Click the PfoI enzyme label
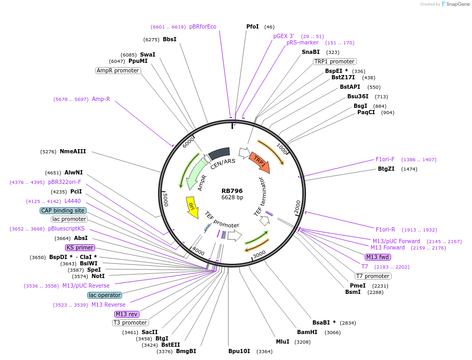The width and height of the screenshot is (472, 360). pyautogui.click(x=253, y=26)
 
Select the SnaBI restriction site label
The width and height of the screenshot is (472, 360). pyautogui.click(x=311, y=52)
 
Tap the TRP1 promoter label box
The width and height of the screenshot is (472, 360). pyautogui.click(x=335, y=61)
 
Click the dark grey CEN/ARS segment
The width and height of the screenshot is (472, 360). pyautogui.click(x=219, y=154)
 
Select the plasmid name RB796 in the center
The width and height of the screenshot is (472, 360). pyautogui.click(x=232, y=191)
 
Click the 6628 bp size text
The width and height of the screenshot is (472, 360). pyautogui.click(x=232, y=198)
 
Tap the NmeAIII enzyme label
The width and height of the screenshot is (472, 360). pyautogui.click(x=72, y=151)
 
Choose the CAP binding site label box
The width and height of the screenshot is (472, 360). pyautogui.click(x=63, y=210)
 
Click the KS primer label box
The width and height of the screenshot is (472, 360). pyautogui.click(x=80, y=247)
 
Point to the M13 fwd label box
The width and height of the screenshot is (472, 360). pyautogui.click(x=378, y=257)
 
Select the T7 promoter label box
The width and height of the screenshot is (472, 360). pyautogui.click(x=373, y=276)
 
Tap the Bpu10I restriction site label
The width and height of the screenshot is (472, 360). pyautogui.click(x=239, y=351)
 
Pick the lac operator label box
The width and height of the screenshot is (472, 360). pyautogui.click(x=105, y=295)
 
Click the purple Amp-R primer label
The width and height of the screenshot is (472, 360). pyautogui.click(x=101, y=99)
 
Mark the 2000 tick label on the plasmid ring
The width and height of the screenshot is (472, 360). pyautogui.click(x=297, y=205)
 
